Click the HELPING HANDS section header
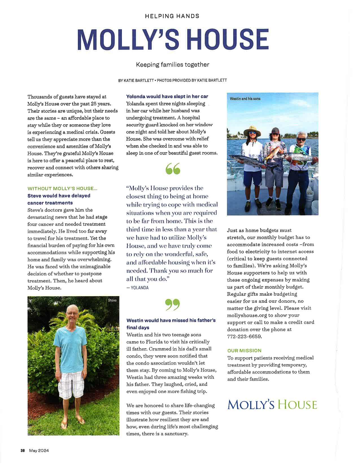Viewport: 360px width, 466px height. (x=172, y=16)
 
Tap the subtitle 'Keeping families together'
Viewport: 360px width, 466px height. (x=173, y=65)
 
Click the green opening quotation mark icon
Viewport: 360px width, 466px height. (x=173, y=169)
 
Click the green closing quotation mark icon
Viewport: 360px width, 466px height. (x=173, y=304)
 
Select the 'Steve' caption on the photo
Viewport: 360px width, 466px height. (x=112, y=300)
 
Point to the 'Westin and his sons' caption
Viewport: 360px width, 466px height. (x=245, y=99)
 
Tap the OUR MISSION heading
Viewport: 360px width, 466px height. (x=244, y=351)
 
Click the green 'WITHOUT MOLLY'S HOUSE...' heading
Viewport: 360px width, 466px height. (x=62, y=189)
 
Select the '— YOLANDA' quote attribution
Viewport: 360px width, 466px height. (x=138, y=288)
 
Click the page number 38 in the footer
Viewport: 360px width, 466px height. (x=23, y=450)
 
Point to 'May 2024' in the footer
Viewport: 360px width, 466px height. (x=39, y=450)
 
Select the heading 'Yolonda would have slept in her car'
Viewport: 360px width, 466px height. (x=167, y=96)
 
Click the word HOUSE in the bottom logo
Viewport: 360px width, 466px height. (x=297, y=405)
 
